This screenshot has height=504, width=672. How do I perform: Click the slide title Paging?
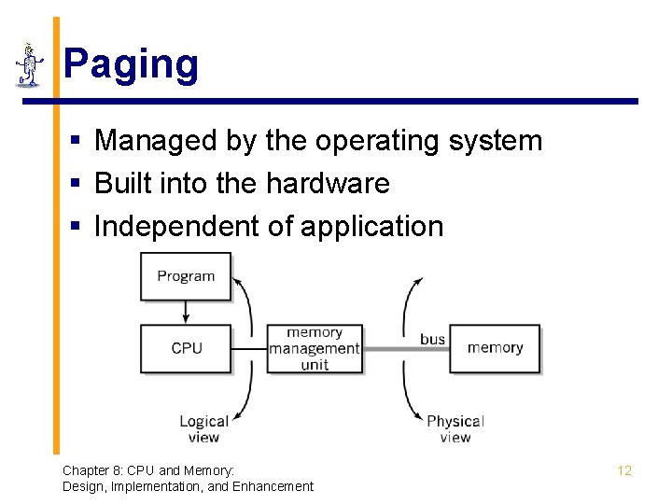point(131,65)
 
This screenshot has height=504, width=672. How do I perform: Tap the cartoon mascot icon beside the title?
point(30,65)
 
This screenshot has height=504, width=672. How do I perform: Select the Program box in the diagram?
point(186,276)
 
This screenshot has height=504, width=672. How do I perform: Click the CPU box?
point(186,348)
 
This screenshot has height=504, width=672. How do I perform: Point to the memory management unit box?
point(315,348)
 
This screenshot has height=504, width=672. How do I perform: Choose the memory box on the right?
point(495,348)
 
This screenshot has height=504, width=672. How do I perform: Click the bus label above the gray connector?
point(432,339)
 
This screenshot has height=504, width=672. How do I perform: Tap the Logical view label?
point(203,429)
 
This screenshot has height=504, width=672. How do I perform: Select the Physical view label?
point(455,429)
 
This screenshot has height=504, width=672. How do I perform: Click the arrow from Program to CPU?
point(186,312)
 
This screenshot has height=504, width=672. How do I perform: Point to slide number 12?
point(624,470)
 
